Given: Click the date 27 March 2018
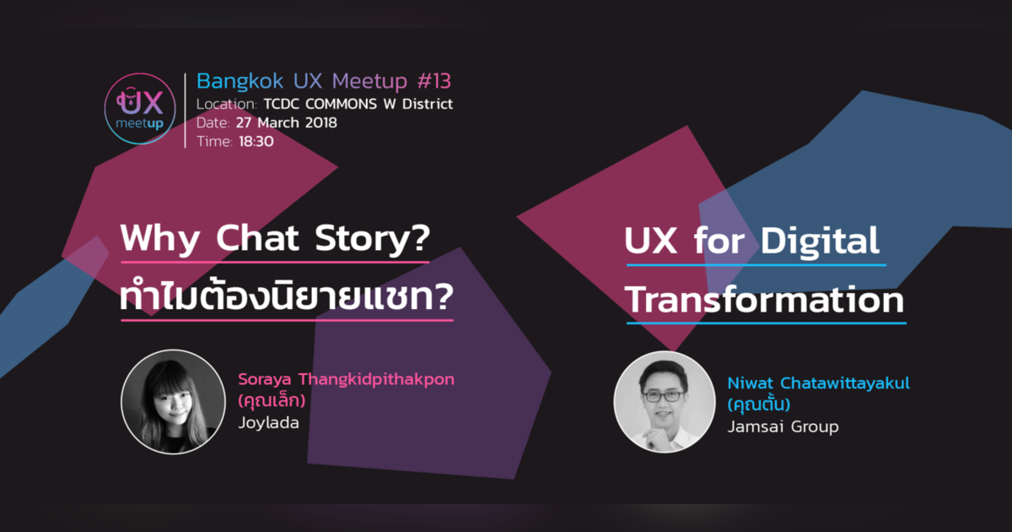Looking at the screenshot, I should pos(287,122).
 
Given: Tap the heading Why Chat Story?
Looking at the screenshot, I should pos(275,239).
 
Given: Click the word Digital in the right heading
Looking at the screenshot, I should pos(820,242).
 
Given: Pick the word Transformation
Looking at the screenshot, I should pos(766,301).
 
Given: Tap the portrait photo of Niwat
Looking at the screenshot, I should pos(663,401).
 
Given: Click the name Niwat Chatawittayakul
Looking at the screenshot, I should pos(818,383).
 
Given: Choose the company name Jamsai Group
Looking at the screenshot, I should pos(783,426).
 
